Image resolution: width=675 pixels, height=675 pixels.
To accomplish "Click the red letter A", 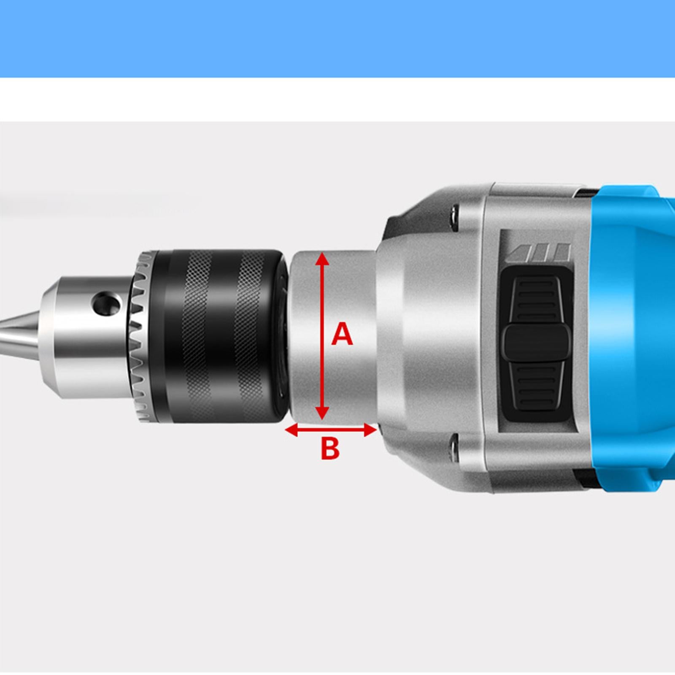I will point(342,334).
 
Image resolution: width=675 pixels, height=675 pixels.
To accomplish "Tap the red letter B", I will point(329,448).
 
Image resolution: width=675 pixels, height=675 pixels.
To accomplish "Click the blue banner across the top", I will point(337,38).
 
